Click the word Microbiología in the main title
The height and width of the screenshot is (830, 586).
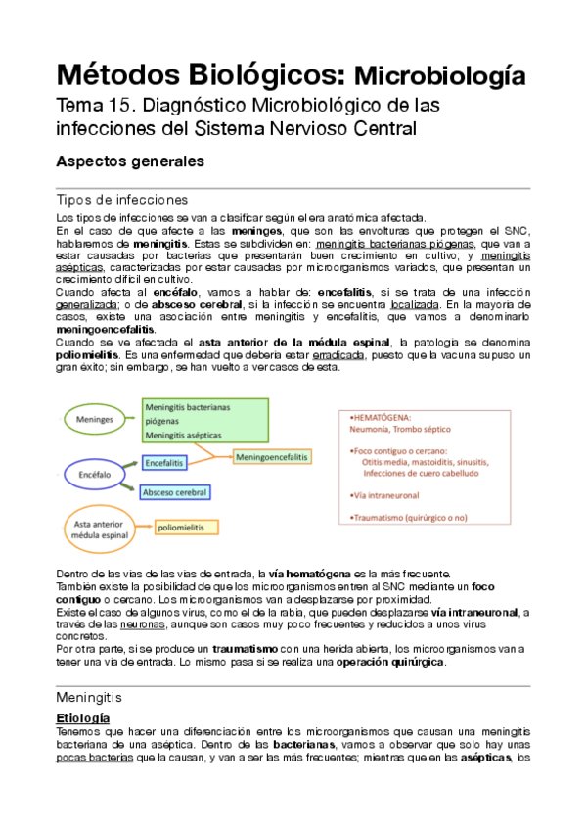[x=437, y=75]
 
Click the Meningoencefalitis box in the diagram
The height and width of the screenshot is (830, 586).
[x=273, y=457]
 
